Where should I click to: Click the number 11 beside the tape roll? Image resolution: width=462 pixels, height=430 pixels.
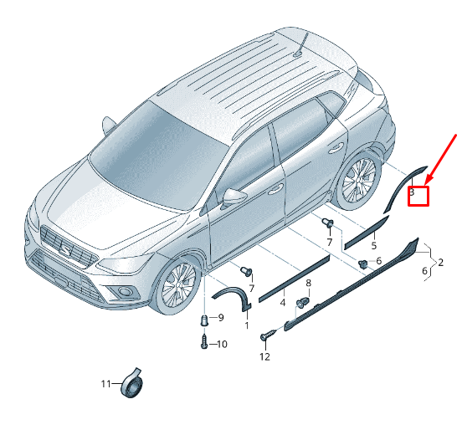click(105, 384)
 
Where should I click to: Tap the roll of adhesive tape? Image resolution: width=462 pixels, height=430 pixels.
click(131, 382)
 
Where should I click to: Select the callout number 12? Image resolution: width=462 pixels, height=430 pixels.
click(264, 356)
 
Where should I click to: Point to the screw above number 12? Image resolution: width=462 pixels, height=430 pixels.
click(269, 335)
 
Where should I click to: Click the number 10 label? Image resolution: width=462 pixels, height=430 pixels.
click(222, 344)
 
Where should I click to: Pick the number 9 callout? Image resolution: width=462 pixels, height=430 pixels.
click(221, 318)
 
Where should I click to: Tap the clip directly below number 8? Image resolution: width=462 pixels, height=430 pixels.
click(303, 303)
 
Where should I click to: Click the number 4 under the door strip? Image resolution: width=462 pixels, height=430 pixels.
click(283, 303)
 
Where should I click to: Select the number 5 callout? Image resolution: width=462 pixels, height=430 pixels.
click(374, 245)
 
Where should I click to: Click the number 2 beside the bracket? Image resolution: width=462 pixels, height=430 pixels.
click(440, 262)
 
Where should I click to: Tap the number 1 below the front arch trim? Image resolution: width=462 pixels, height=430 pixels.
click(247, 325)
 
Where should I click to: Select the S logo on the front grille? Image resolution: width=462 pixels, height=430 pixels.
click(65, 251)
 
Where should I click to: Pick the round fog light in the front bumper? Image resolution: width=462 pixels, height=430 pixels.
click(124, 292)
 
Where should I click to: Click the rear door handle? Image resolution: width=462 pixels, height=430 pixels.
click(336, 147)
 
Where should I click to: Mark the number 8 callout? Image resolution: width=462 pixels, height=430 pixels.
click(308, 284)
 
